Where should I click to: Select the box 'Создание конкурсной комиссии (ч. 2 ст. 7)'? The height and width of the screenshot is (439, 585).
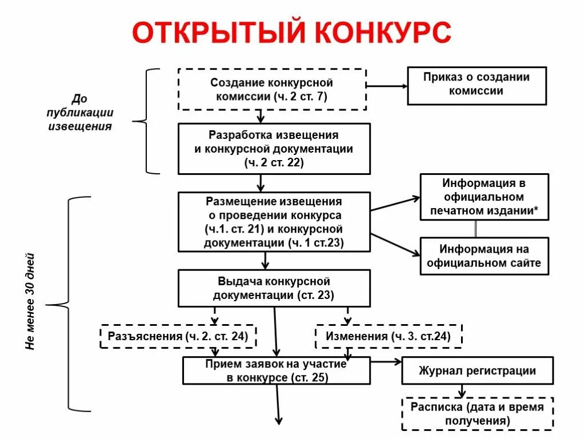(x=272, y=89)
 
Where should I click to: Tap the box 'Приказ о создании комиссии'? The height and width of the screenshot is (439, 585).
(x=476, y=86)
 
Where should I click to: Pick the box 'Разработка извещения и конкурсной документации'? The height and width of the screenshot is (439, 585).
(x=274, y=149)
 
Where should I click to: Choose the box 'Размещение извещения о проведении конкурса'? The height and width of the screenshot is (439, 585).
(x=274, y=222)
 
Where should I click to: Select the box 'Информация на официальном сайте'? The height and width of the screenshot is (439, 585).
(x=484, y=256)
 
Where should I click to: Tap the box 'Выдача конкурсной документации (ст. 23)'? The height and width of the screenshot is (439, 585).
(x=274, y=288)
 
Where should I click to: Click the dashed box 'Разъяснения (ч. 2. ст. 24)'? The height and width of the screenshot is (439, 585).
(x=178, y=337)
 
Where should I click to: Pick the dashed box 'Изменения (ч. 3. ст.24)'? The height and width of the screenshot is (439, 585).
(x=388, y=337)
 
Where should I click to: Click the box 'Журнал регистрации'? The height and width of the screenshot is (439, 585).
(x=478, y=370)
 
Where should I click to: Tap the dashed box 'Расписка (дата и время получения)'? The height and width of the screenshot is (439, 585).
(x=478, y=413)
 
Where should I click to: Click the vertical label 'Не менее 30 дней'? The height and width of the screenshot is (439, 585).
(x=31, y=302)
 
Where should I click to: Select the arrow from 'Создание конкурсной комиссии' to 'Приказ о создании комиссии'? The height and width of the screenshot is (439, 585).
(x=386, y=86)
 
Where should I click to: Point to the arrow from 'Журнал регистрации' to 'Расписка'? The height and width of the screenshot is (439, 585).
(x=462, y=390)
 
